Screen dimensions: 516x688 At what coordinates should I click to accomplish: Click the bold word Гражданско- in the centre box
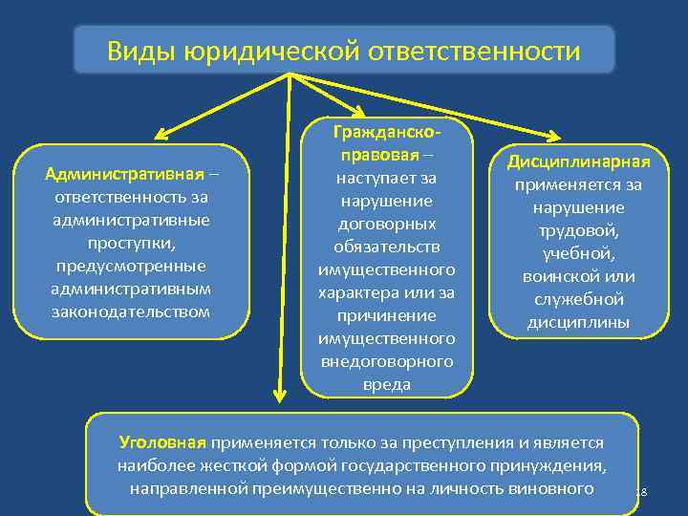point(387,132)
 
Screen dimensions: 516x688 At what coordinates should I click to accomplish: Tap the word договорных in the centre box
point(387,224)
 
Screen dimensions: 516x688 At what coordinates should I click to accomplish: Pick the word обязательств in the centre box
point(387,247)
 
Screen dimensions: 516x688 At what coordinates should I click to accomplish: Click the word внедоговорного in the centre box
point(387,361)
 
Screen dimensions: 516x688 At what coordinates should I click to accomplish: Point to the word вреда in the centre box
point(387,384)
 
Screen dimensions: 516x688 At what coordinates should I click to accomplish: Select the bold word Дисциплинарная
point(578,161)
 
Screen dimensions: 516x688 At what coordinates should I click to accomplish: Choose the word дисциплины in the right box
point(578,322)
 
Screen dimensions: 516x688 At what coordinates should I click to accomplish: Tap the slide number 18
point(641,492)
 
